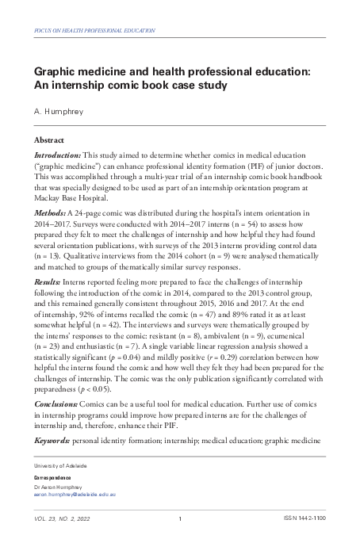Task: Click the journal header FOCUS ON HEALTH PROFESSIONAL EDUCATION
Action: coord(94,30)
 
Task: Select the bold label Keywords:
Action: coord(52,438)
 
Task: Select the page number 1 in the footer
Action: coord(180,518)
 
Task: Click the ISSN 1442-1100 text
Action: coord(304,518)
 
